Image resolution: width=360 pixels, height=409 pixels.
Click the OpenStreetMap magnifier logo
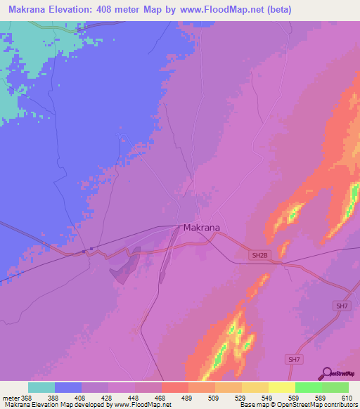(x=325, y=373)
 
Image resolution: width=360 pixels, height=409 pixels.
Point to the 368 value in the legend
(x=27, y=398)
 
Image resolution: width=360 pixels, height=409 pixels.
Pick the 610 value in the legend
(x=347, y=398)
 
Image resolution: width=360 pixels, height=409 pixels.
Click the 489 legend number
(x=187, y=398)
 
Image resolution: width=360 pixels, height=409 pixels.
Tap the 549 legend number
(x=267, y=398)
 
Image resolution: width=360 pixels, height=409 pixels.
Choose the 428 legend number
(x=108, y=398)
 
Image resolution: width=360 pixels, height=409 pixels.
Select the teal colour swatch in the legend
(x=41, y=387)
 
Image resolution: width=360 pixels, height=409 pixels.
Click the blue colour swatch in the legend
(x=68, y=387)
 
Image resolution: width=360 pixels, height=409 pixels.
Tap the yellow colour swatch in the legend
(x=281, y=387)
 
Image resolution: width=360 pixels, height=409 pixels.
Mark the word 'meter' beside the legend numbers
(x=10, y=398)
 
